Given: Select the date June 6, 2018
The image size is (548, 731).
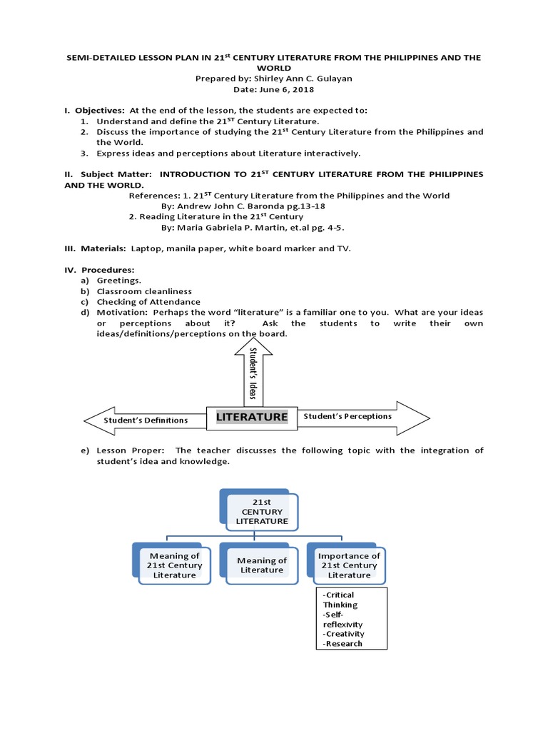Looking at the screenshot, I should (x=273, y=90).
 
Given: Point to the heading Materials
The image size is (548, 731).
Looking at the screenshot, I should (x=104, y=248).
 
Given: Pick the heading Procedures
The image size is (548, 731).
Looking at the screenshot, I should (x=108, y=270).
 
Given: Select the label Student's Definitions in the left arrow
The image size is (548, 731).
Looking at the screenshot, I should (x=146, y=420).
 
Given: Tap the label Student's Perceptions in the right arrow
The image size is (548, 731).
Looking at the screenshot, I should (x=347, y=415).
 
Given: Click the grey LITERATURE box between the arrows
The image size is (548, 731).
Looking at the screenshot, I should (x=252, y=417).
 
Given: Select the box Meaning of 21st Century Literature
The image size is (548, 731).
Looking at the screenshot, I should (x=174, y=565).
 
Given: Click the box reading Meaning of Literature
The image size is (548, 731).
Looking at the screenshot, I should (x=261, y=565).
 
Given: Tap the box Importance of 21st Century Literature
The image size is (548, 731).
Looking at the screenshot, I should (x=349, y=565).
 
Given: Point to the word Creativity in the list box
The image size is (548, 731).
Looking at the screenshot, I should (x=345, y=633).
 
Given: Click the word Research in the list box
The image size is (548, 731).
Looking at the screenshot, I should (x=344, y=643).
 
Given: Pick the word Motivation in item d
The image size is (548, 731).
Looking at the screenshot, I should (x=121, y=313).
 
